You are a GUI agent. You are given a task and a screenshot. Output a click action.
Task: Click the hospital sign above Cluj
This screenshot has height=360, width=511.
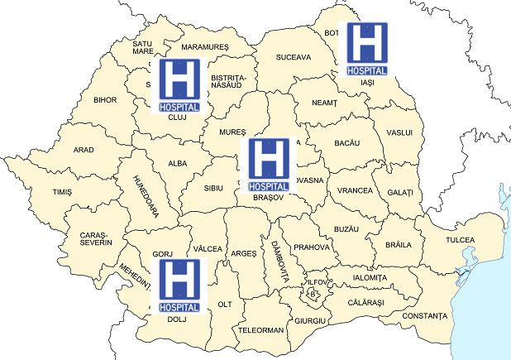[x=178, y=84]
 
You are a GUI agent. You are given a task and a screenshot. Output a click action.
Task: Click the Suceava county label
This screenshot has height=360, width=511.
[x=294, y=57]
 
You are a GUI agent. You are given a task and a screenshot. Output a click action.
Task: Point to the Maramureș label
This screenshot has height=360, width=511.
[x=204, y=47]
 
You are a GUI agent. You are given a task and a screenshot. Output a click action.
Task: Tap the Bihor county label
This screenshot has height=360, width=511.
[x=105, y=100]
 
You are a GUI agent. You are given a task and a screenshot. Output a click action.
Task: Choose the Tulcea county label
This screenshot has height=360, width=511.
[x=461, y=240]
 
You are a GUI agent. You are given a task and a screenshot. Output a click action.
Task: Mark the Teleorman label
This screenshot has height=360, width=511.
[x=260, y=329]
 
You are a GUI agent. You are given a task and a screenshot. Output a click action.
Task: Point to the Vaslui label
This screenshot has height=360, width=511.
[x=399, y=132]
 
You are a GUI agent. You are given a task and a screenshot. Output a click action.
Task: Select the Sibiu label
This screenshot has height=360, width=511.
[x=214, y=188]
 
